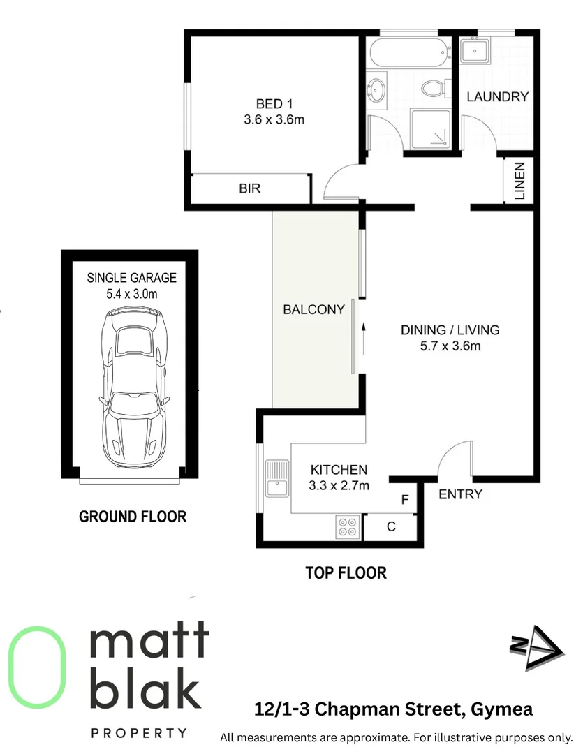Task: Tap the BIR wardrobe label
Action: click(x=249, y=188)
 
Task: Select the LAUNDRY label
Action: click(x=497, y=97)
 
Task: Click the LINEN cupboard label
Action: click(x=519, y=182)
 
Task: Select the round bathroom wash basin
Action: click(x=378, y=91)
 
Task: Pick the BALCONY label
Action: click(x=313, y=309)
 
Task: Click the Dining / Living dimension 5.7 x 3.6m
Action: click(x=450, y=346)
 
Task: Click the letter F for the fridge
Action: click(x=404, y=500)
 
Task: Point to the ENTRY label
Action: click(x=460, y=494)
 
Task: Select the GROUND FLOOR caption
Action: click(x=133, y=517)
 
